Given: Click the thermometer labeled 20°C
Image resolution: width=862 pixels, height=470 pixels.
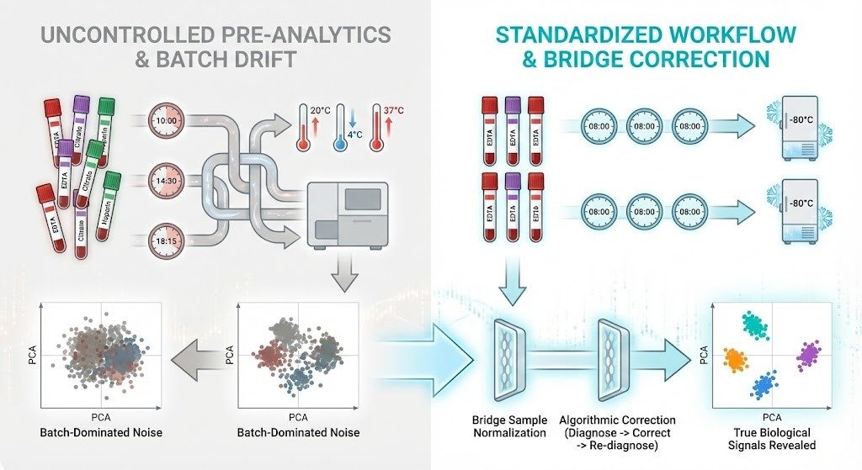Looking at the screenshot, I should point(302,125).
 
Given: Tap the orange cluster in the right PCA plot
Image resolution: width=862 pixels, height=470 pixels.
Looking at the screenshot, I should point(737,359).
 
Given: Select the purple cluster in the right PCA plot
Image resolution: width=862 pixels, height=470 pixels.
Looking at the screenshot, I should point(809,352).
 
